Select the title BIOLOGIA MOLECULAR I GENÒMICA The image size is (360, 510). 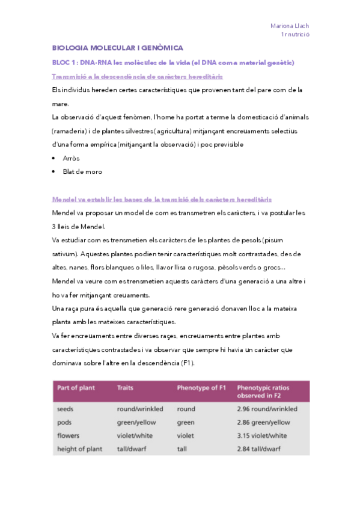point(117,48)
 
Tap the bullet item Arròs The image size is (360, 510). point(71,158)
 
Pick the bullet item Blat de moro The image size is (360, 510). point(82,171)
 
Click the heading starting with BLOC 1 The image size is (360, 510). point(172,63)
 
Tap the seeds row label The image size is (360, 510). point(66,409)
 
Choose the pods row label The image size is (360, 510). point(64,422)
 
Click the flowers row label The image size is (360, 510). point(68,435)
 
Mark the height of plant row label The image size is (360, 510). point(79,449)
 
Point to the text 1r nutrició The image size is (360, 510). point(294,35)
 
